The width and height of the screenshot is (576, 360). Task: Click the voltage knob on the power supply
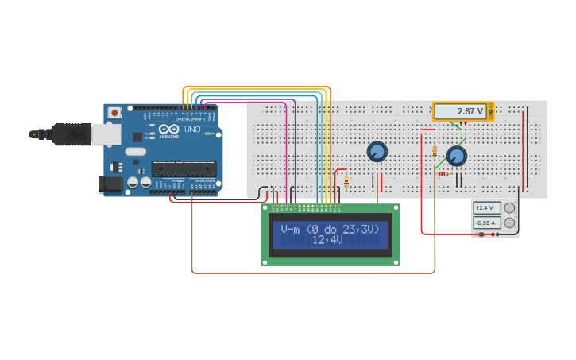coord(509,208)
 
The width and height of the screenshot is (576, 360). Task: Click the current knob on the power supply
coord(509,223)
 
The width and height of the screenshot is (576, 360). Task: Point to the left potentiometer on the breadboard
coord(377,151)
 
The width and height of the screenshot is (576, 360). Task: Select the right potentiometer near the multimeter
coord(457,155)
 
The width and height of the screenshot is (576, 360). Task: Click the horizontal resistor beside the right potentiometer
coord(442,173)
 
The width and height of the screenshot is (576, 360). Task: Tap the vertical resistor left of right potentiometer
coord(434,151)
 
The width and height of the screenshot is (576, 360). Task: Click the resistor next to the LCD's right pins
coord(346,183)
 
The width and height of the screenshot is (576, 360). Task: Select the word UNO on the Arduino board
coord(191,129)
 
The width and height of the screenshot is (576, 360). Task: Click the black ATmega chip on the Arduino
coord(184,168)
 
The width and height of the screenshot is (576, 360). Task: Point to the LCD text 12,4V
coord(330,240)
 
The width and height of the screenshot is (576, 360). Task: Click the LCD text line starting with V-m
coord(330,229)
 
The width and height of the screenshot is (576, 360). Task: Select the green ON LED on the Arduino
coord(208,134)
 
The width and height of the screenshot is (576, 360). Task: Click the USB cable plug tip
coord(33,134)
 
